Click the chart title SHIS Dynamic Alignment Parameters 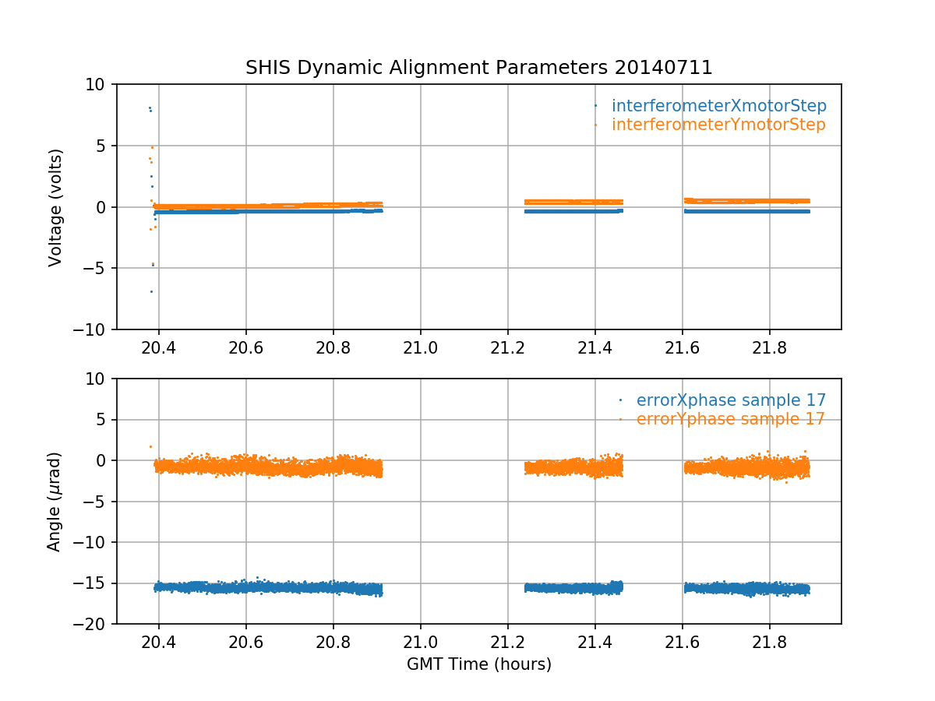[x=427, y=68]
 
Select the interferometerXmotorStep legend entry [x=718, y=106]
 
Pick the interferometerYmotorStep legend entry [x=718, y=125]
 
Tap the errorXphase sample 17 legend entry [x=731, y=400]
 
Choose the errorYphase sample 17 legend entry [x=730, y=419]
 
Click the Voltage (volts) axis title [x=55, y=207]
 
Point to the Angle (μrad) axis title [x=55, y=502]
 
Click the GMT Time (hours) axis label [x=479, y=664]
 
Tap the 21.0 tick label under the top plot [x=421, y=348]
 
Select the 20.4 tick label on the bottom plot [x=159, y=643]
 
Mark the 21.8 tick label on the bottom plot [x=769, y=643]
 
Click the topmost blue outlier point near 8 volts [x=149, y=107]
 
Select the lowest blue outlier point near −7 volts [x=151, y=291]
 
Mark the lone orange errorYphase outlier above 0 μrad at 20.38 [x=150, y=446]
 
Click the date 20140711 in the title [x=663, y=68]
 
